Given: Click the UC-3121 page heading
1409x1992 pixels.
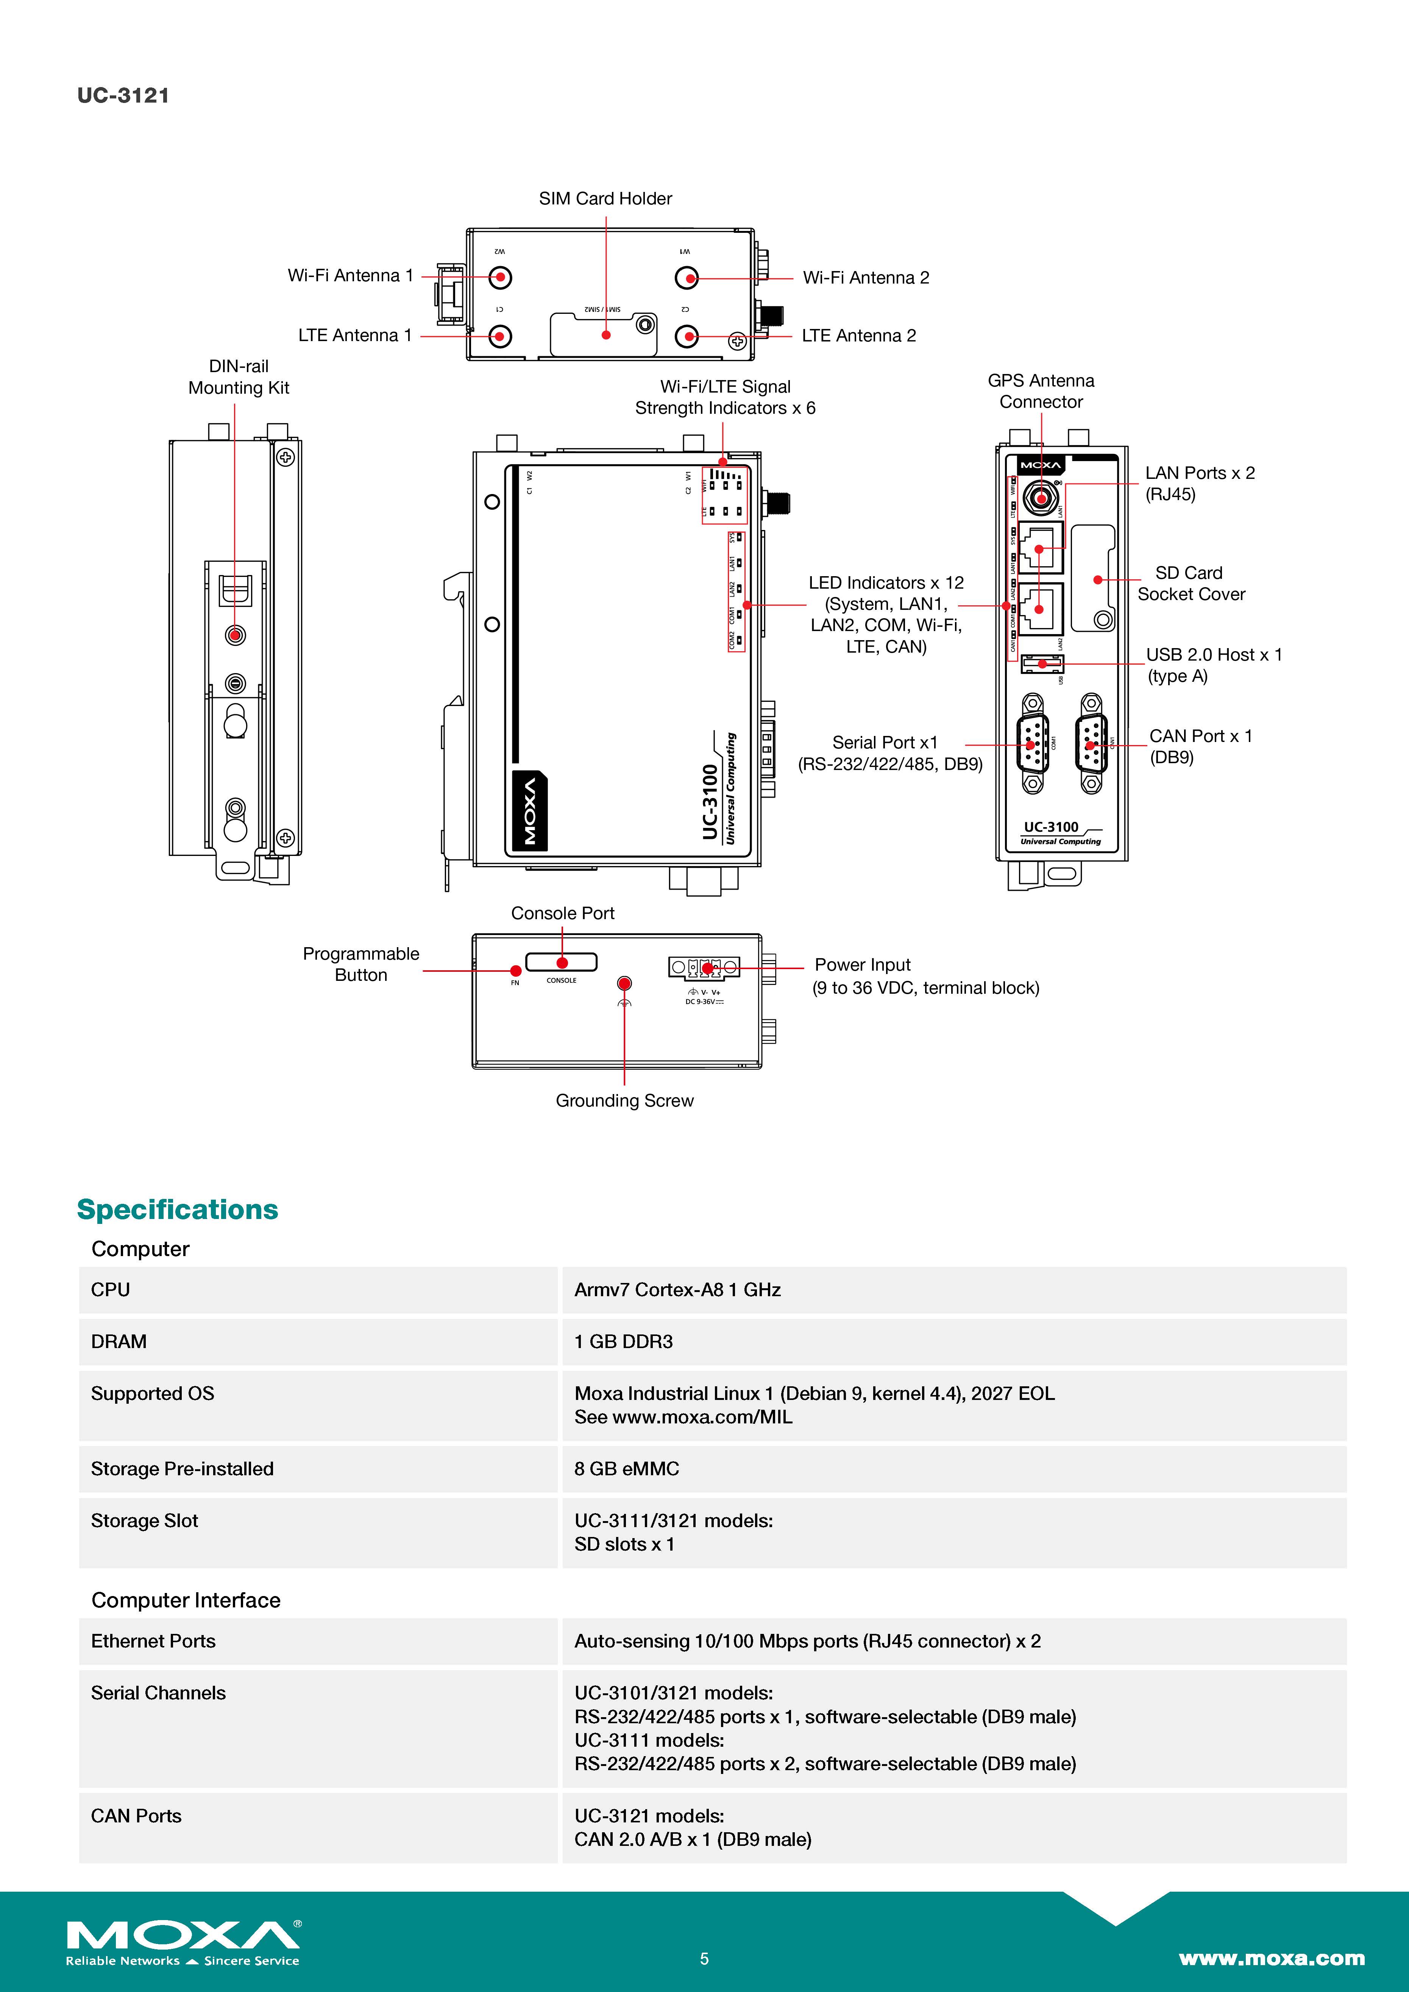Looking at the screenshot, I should [x=123, y=95].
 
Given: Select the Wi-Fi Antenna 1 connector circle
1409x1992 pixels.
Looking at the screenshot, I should [x=500, y=277].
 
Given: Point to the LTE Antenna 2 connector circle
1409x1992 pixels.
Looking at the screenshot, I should [x=687, y=336].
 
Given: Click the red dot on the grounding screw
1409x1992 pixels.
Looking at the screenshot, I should [x=624, y=983].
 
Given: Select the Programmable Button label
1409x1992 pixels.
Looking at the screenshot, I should [x=361, y=964].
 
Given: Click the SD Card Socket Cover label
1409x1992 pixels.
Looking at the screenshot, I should [x=1191, y=584].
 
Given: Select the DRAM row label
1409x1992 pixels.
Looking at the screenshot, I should [x=119, y=1342].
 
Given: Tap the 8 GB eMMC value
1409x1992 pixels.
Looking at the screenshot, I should [x=626, y=1469].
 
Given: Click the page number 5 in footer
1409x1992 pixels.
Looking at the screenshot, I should [x=704, y=1958].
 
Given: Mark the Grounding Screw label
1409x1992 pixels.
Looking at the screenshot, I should [x=625, y=1101].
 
